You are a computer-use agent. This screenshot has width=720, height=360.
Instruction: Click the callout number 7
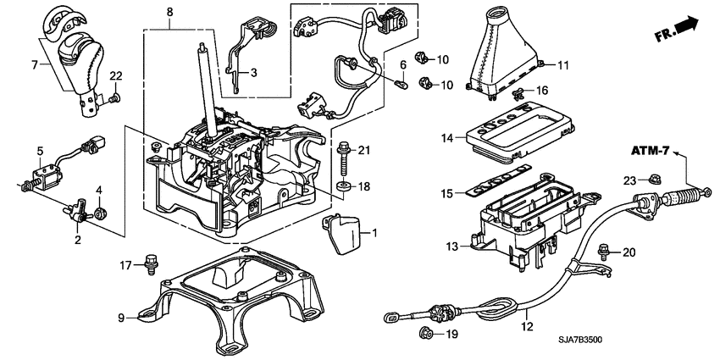[34, 64]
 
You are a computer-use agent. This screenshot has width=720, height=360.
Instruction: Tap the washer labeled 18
[344, 186]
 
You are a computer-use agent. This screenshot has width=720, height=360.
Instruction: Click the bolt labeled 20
[602, 251]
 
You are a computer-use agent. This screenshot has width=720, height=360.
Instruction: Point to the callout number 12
[526, 325]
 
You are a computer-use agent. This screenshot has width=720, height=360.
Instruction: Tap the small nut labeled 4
[100, 213]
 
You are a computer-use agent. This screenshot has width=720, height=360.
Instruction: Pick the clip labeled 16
[523, 91]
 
